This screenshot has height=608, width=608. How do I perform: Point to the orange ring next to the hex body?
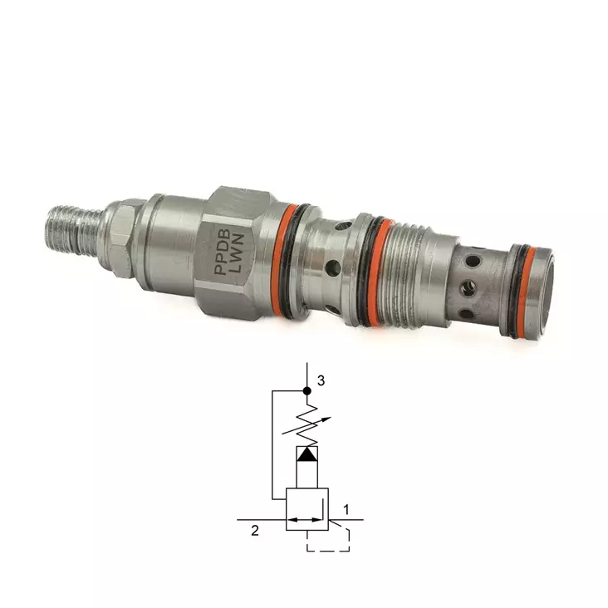click(278, 260)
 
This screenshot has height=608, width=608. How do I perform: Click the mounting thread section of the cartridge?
click(406, 270)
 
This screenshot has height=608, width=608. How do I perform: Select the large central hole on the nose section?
click(467, 290)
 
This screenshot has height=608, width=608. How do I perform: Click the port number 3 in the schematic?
click(321, 381)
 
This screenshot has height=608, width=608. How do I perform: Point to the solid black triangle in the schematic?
click(307, 454)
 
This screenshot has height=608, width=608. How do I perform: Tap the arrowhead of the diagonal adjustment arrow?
click(327, 419)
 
